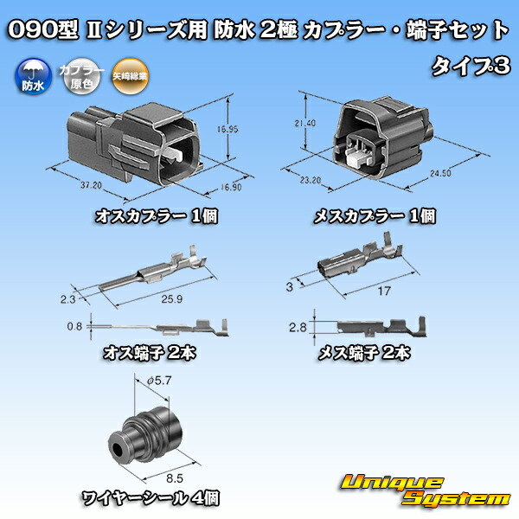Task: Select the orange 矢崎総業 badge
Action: (x=125, y=79)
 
